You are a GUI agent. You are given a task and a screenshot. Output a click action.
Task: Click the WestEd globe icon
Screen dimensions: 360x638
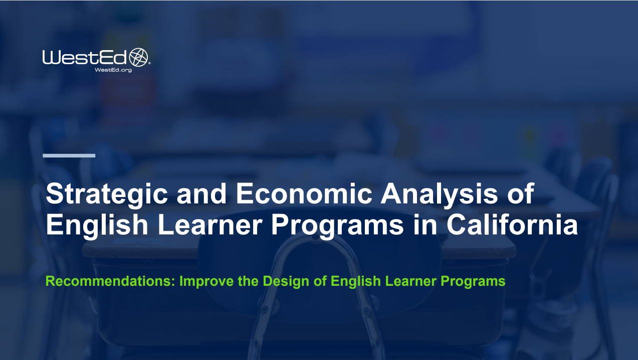coord(140,57)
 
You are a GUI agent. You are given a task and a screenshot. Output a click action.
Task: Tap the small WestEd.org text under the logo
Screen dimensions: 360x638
coord(113,70)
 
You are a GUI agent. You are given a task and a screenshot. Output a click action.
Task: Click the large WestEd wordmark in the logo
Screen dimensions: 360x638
coord(85,58)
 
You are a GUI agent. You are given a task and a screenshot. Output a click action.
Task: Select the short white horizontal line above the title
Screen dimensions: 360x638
coord(69,155)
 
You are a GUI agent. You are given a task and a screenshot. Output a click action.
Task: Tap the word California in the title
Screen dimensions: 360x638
coord(512,225)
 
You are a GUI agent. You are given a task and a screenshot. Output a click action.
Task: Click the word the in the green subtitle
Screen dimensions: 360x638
coord(248,281)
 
